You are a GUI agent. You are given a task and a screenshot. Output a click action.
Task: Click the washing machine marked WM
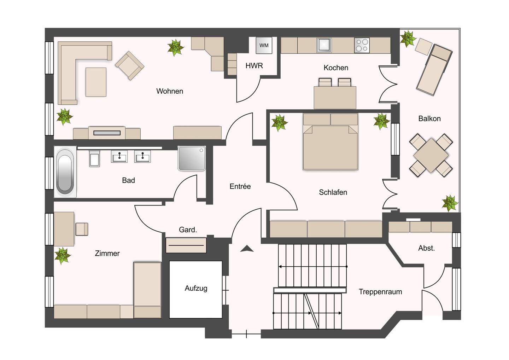click(264, 45)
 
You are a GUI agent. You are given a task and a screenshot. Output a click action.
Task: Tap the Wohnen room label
click(170, 91)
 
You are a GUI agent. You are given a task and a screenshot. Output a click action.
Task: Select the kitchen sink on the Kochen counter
click(324, 45)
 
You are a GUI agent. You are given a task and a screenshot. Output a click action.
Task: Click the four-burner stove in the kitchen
click(362, 45)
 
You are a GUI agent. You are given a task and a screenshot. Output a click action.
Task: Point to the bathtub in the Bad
click(65, 172)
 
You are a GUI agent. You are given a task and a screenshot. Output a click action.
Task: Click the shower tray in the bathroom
click(192, 158)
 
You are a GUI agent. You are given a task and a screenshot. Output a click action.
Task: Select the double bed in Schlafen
click(330, 141)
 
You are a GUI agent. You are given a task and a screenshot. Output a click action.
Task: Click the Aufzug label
click(196, 288)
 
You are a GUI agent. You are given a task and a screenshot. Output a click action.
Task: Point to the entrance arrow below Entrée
click(247, 249)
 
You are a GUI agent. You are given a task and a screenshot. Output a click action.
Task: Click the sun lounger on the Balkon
click(434, 70)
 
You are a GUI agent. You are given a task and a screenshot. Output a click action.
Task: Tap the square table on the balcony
click(431, 156)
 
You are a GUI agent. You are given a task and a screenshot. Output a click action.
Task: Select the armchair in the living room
click(129, 65)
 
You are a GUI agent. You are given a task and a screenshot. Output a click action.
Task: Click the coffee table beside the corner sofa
click(96, 82)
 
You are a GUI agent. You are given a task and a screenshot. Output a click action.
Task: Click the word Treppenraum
click(380, 292)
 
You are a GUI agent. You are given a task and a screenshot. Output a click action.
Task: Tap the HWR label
click(254, 66)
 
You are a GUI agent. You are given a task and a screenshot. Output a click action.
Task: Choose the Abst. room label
click(427, 248)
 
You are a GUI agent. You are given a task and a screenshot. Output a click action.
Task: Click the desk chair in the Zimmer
click(82, 229)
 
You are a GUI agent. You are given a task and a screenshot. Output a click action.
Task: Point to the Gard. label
click(188, 230)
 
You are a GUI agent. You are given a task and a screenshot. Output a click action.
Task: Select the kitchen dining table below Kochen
click(335, 98)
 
